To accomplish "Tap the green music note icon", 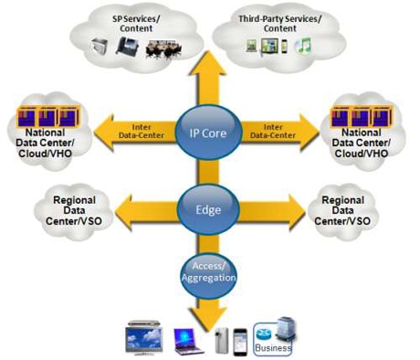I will pos(307,45).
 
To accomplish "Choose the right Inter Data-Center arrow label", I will pos(278,130).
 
